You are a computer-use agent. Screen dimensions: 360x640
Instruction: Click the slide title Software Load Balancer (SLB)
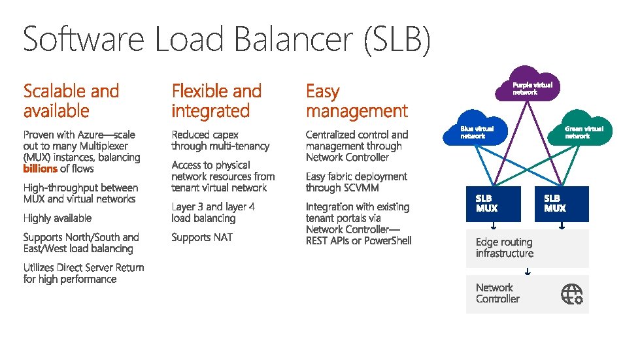(226, 39)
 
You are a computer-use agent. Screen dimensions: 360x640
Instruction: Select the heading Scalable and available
(71, 101)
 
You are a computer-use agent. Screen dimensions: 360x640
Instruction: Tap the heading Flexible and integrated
(216, 101)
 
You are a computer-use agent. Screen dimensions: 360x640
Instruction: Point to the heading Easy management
(356, 101)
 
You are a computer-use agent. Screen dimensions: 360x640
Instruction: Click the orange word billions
(41, 169)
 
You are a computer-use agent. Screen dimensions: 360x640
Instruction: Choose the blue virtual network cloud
(477, 132)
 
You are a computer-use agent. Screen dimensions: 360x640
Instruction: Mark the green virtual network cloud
(581, 132)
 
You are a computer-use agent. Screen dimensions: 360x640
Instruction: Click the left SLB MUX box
(494, 204)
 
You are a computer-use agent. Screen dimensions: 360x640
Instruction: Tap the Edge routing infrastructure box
(527, 248)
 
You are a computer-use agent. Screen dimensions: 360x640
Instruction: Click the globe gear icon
(571, 294)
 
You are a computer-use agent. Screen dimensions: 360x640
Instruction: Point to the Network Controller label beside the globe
(497, 293)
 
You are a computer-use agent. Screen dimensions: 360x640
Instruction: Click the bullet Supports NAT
(202, 237)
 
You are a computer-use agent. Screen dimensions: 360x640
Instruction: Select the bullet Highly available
(58, 218)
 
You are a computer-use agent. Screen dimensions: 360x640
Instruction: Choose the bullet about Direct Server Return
(84, 273)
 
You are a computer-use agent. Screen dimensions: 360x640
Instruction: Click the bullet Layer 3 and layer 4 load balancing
(213, 212)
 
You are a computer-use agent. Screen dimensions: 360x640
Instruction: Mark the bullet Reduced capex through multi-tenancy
(220, 140)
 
